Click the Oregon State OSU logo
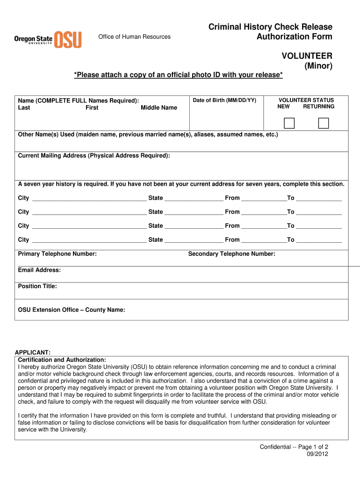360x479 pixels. click(x=48, y=39)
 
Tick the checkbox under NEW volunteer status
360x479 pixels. click(x=290, y=123)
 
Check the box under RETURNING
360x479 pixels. click(x=324, y=123)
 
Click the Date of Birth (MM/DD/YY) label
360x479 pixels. click(x=224, y=101)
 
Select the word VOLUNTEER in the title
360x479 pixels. click(x=307, y=56)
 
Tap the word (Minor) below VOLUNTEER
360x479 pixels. click(x=318, y=66)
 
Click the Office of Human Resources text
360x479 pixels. click(x=134, y=37)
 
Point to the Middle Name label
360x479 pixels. click(x=159, y=108)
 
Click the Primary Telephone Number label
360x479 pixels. click(x=57, y=254)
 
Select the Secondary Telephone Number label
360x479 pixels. click(x=231, y=254)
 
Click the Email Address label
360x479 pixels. click(x=39, y=270)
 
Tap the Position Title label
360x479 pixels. click(x=37, y=286)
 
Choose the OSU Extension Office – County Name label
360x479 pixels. click(x=71, y=310)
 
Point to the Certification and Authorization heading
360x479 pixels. click(x=62, y=360)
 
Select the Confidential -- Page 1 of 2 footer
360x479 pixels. click(x=294, y=447)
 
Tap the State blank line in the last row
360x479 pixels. click(x=194, y=240)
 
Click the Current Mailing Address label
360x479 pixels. click(x=94, y=156)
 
